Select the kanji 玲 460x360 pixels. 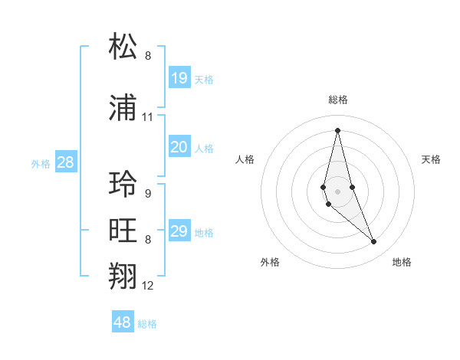(123, 184)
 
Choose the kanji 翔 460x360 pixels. (123, 277)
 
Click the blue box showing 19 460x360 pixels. (179, 78)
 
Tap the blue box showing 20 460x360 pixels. (179, 147)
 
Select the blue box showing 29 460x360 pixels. (179, 231)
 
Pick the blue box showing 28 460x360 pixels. (65, 162)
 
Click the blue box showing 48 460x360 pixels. (123, 322)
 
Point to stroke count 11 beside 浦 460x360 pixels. (148, 117)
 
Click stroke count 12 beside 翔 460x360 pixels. (148, 286)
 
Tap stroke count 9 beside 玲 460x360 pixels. (148, 193)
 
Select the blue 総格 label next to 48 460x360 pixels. (147, 324)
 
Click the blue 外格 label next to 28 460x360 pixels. (41, 164)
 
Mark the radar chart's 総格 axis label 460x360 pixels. (338, 100)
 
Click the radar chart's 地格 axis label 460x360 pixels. (402, 262)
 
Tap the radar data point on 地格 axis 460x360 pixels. (374, 242)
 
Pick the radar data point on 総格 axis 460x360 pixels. (337, 130)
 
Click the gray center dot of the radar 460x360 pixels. (337, 190)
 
